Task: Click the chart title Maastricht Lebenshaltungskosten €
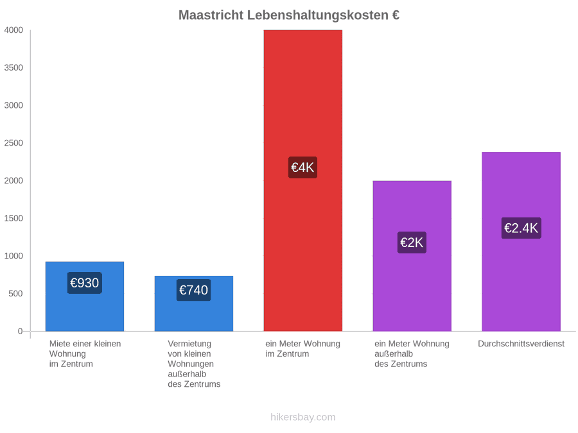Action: pos(289,15)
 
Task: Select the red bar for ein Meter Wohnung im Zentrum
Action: pos(303,180)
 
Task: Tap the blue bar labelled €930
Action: pos(85,296)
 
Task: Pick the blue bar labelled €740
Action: pos(194,303)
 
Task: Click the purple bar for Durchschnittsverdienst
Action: pos(521,242)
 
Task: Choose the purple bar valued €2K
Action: pos(412,256)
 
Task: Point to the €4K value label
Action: pos(302,167)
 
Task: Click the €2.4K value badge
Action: pos(521,228)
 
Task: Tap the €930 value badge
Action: pos(84,283)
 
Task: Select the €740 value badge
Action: pos(193,290)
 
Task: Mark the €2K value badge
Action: pos(412,242)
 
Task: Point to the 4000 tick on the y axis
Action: pos(13,30)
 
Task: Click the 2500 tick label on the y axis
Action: pos(13,143)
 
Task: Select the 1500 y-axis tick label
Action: pos(13,218)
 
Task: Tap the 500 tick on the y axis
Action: pos(16,293)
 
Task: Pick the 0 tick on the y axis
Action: pos(21,331)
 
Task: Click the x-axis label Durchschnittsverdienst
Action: pos(521,344)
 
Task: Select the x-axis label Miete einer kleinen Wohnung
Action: pos(85,353)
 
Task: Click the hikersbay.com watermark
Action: pos(303,417)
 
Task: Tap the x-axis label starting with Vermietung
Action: pos(194,364)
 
